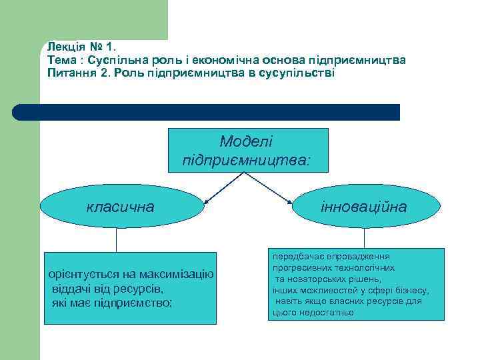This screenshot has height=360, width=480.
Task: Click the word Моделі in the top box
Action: pos(246,141)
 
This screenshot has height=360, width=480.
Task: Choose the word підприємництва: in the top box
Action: pos(246,160)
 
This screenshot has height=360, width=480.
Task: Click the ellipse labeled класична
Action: pos(121,207)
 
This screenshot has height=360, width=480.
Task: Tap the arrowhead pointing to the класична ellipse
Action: pos(207,199)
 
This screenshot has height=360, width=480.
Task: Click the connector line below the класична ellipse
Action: pos(117,239)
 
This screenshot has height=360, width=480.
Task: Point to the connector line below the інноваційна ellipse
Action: pos(364,238)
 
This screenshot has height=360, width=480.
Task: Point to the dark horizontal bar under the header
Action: pos(207,112)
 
